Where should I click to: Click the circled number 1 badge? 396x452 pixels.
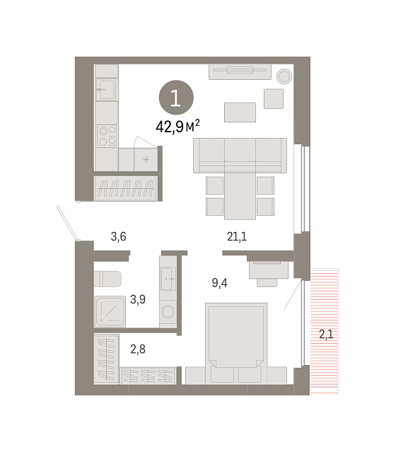176,98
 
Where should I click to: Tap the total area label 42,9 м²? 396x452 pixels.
177,126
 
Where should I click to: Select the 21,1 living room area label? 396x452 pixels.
237,236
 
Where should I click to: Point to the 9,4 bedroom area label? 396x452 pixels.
220,283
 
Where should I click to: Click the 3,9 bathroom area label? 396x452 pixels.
138,299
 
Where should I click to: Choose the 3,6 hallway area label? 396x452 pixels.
119,236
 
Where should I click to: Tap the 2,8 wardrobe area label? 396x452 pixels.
138,349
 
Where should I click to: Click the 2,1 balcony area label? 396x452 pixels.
326,335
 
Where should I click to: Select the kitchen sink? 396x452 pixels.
107,89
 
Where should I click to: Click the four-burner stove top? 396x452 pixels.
107,136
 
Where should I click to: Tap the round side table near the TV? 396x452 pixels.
284,76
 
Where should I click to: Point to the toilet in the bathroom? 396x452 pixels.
107,279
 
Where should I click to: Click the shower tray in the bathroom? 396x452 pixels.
110,311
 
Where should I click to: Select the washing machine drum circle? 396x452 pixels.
168,312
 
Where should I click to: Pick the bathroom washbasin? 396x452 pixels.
168,279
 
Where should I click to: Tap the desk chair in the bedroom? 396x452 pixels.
267,282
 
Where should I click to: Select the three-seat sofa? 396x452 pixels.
240,156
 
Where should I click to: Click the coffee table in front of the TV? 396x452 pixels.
240,112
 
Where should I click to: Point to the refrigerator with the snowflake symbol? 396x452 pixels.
146,159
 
